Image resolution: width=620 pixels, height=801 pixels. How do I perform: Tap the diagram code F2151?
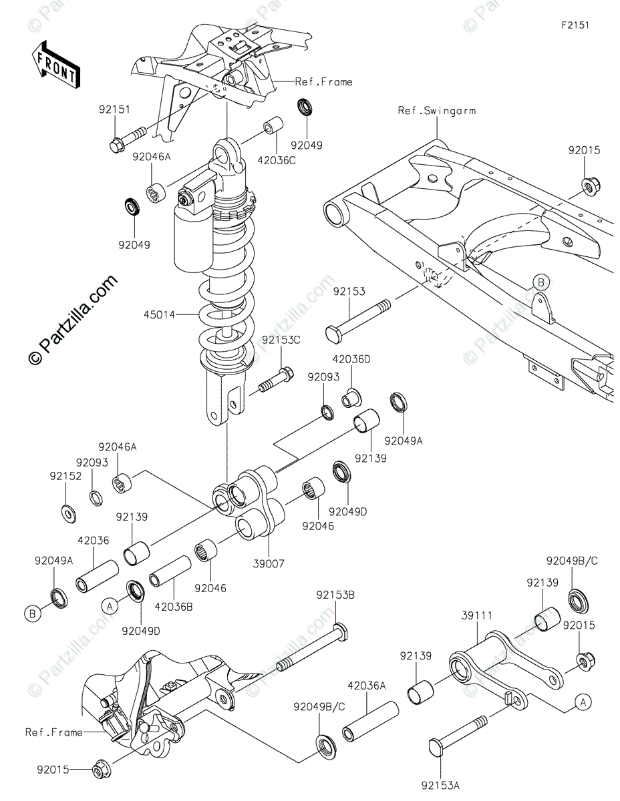pos(575,25)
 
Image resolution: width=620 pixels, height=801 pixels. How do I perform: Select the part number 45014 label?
pos(156,314)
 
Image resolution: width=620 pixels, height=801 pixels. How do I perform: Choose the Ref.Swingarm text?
pos(437,111)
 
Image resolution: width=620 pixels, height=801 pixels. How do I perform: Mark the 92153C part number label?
pos(281,340)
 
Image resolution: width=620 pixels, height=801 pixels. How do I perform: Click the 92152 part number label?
pos(65,476)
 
